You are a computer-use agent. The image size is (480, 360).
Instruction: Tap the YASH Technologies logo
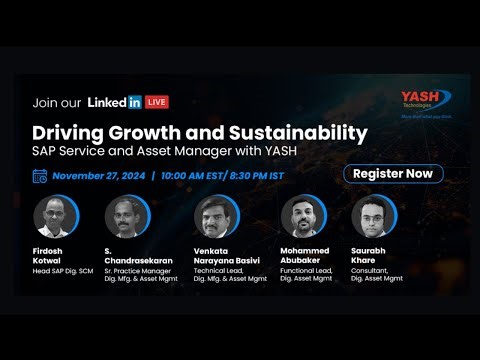[x=423, y=100]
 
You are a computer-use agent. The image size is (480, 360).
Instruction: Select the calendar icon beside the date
[x=39, y=175]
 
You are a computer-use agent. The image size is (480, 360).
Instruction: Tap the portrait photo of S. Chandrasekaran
[x=125, y=215]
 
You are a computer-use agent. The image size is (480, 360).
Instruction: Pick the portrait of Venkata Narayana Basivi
[x=215, y=215]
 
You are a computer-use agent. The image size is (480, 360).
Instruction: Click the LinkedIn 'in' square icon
[x=134, y=102]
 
